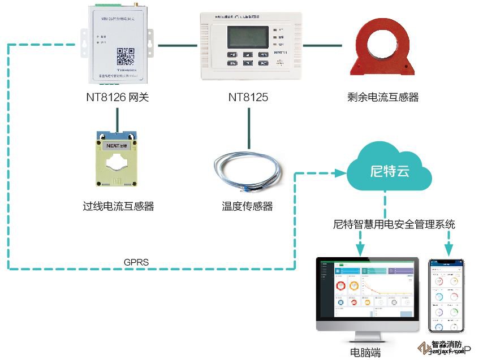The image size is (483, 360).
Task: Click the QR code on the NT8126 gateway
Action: click(x=126, y=57)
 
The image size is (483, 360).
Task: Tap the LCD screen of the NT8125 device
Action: click(x=248, y=37)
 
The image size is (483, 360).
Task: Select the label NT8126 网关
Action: click(x=117, y=97)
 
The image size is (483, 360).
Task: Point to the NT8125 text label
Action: click(x=248, y=97)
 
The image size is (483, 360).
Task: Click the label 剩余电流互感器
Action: click(x=383, y=97)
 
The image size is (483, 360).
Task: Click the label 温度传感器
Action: click(x=247, y=206)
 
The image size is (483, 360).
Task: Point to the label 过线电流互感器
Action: click(x=118, y=206)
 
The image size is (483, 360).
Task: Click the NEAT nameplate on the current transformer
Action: click(x=118, y=145)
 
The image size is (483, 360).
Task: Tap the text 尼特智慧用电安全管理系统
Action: click(x=394, y=224)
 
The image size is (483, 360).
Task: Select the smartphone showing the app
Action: click(x=446, y=296)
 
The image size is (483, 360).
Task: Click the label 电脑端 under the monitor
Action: click(x=365, y=353)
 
